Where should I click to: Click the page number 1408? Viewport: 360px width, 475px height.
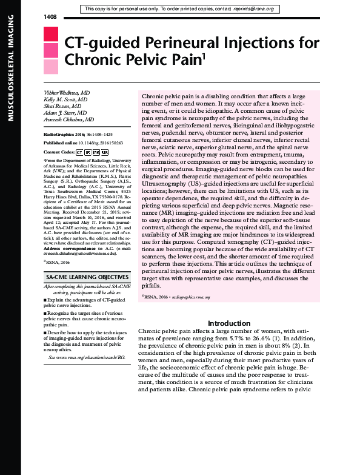(50, 16)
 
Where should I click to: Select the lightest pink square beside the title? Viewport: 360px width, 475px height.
(50, 66)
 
